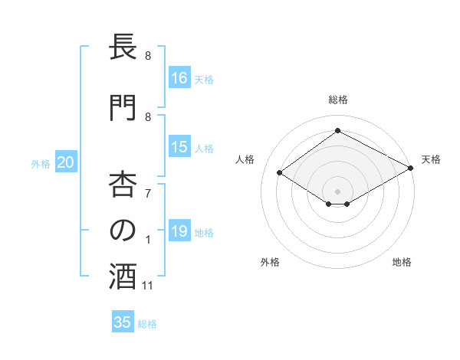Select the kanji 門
(x=123, y=108)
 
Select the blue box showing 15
(x=180, y=147)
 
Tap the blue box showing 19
(x=180, y=231)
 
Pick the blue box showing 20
(x=66, y=162)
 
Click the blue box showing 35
(x=123, y=322)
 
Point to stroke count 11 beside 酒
(x=148, y=286)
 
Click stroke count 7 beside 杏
(x=148, y=192)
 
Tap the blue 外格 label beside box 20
(x=41, y=163)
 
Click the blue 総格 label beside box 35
(x=147, y=323)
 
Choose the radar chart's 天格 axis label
(x=431, y=159)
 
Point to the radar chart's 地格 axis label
(x=402, y=263)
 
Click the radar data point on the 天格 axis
(x=411, y=168)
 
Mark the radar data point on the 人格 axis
(x=280, y=173)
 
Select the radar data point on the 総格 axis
(x=337, y=130)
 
